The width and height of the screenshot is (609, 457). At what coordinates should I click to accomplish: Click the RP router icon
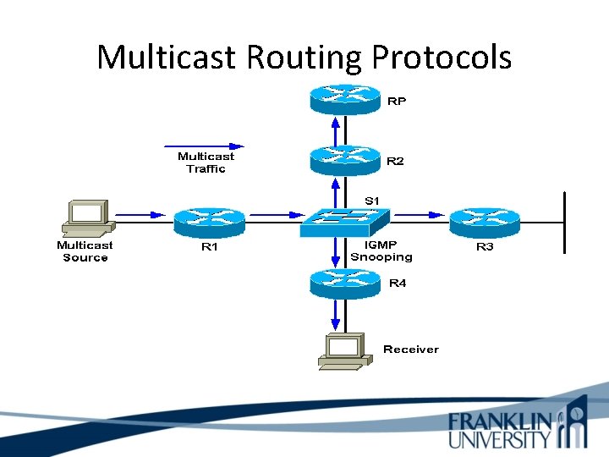click(x=345, y=99)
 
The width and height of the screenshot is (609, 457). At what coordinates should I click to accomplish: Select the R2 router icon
click(x=345, y=158)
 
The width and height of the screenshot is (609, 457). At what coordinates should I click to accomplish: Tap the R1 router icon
click(x=209, y=221)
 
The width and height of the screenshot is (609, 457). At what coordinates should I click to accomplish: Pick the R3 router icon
click(x=485, y=221)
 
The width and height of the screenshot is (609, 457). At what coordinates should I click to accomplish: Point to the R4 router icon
click(x=345, y=282)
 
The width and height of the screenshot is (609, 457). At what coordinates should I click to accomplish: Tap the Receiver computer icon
click(x=343, y=350)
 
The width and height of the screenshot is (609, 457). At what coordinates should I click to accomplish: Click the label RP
click(x=396, y=102)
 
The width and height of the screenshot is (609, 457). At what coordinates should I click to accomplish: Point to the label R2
click(x=395, y=161)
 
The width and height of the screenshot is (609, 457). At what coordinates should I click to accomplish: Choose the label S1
click(x=372, y=200)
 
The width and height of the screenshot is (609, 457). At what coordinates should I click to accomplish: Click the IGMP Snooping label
click(x=381, y=251)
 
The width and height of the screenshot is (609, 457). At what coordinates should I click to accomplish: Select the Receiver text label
click(x=411, y=349)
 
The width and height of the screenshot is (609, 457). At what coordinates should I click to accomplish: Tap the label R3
click(x=485, y=246)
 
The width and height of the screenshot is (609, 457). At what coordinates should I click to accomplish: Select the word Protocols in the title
click(x=441, y=58)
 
